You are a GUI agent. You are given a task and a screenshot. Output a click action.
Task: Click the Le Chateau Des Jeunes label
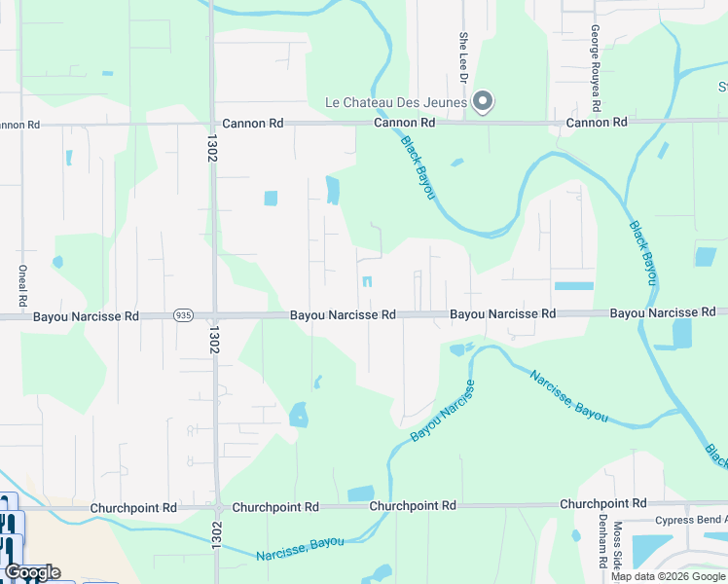(396, 102)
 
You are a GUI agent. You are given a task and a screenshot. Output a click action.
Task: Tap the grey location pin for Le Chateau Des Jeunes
(482, 100)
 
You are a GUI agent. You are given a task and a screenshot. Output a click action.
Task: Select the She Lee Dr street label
(463, 55)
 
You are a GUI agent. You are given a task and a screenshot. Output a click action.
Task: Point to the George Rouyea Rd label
(594, 55)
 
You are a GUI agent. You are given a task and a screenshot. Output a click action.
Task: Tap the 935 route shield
(182, 315)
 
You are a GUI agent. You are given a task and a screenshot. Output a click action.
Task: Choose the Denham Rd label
(603, 542)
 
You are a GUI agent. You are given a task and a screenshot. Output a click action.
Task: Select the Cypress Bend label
(691, 521)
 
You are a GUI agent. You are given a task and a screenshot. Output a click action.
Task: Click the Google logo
(32, 572)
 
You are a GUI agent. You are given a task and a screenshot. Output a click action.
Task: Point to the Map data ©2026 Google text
(668, 577)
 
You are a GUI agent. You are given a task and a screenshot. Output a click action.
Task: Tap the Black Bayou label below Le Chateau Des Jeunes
(418, 168)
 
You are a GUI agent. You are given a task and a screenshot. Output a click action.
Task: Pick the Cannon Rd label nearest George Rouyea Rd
(597, 123)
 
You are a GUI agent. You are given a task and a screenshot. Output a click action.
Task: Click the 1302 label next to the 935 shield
(211, 339)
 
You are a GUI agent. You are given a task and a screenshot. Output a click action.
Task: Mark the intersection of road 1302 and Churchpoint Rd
(216, 508)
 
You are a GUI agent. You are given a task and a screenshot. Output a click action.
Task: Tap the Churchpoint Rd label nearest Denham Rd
(603, 504)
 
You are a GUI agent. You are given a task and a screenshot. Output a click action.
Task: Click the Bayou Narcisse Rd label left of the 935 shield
(86, 316)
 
